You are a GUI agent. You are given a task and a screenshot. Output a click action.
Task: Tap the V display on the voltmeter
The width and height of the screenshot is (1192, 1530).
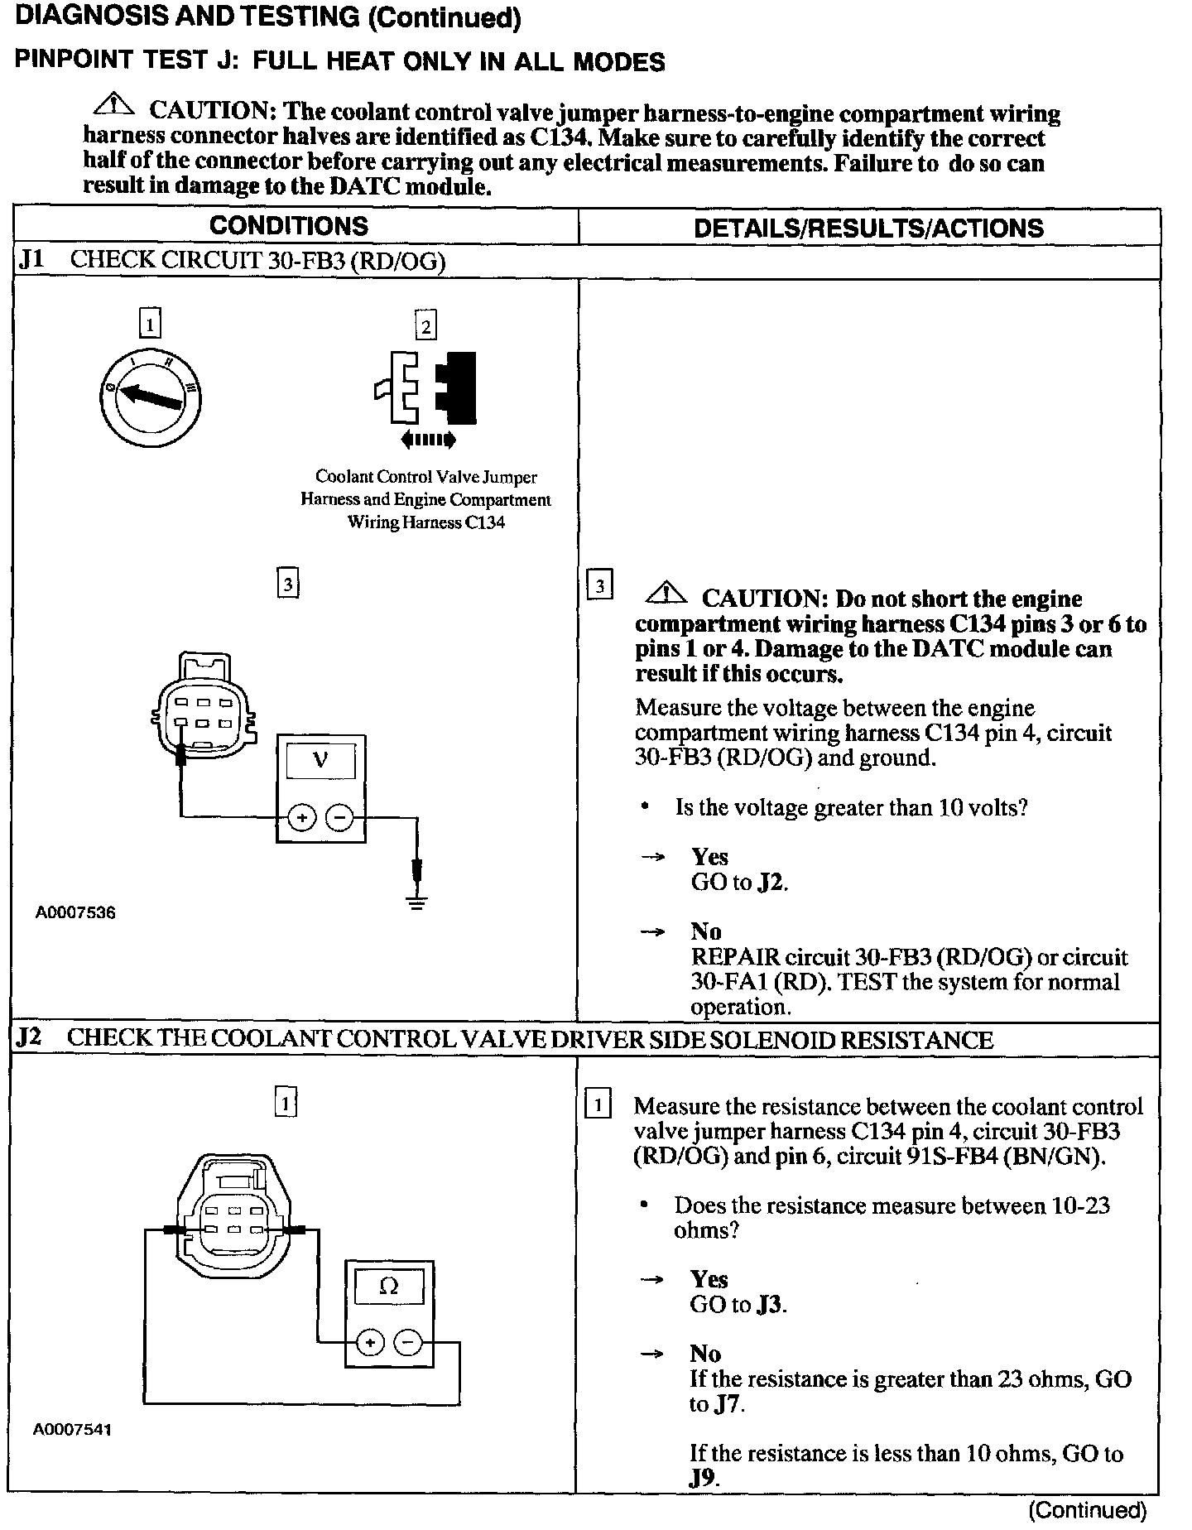(320, 760)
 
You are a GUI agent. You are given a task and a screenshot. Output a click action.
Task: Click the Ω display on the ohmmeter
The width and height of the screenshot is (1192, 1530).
(388, 1286)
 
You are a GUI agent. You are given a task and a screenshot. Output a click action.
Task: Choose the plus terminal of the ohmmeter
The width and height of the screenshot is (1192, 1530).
(370, 1343)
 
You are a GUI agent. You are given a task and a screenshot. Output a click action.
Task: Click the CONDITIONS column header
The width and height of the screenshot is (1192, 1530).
(289, 226)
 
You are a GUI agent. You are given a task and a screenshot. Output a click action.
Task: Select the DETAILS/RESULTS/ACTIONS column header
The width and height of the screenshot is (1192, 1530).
(868, 229)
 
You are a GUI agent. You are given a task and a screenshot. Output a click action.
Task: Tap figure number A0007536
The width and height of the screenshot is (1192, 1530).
(75, 913)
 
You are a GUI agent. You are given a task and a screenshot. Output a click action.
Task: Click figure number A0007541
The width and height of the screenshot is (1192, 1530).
(73, 1430)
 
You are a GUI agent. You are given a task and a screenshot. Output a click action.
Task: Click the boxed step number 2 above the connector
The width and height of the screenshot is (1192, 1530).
(425, 325)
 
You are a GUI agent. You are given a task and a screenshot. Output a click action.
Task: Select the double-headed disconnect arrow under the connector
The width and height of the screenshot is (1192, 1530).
(427, 440)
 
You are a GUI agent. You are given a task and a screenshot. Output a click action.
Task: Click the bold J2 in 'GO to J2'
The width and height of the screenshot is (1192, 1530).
(771, 883)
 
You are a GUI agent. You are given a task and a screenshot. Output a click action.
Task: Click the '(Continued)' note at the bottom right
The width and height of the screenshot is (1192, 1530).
(1087, 1511)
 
